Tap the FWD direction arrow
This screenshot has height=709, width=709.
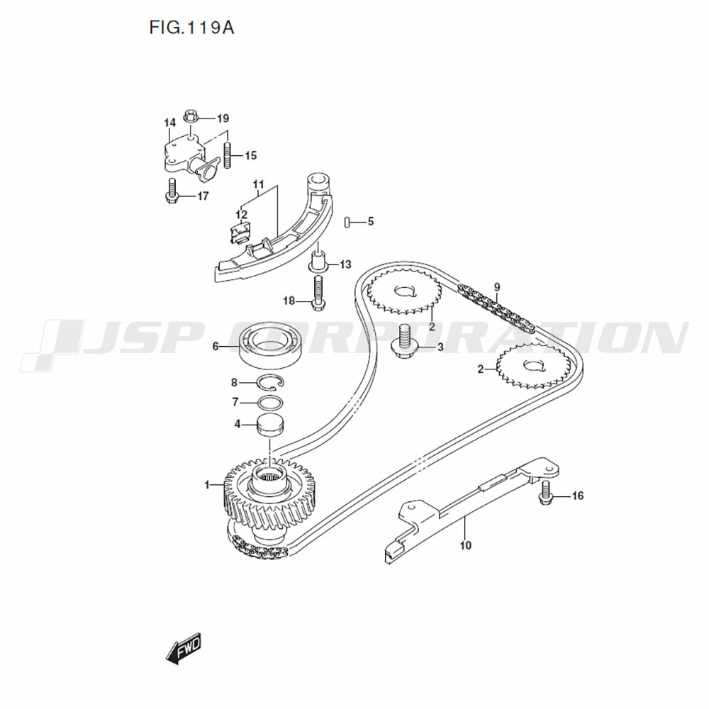184,648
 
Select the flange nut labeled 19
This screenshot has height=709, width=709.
189,116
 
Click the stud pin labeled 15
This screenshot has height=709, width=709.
228,155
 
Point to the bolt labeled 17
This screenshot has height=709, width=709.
171,191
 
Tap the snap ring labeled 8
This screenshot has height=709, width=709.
270,384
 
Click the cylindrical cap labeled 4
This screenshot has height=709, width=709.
270,425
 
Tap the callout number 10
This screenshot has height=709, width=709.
465,545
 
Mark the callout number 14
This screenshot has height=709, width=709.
169,123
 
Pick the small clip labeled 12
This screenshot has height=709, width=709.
240,229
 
